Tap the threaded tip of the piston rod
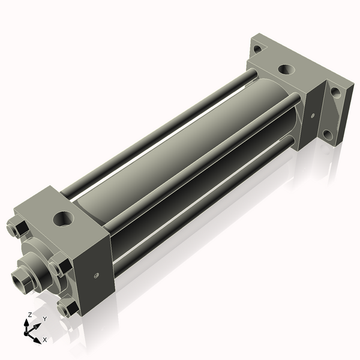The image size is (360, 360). (x=20, y=279)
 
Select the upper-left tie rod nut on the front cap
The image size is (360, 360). (x=17, y=230)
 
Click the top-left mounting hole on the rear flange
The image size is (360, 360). (x=257, y=49)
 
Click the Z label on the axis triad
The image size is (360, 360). (x=30, y=315)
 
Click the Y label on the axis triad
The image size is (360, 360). (x=45, y=319)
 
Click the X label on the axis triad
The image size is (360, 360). (x=44, y=340)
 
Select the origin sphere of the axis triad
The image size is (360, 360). (x=28, y=332)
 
